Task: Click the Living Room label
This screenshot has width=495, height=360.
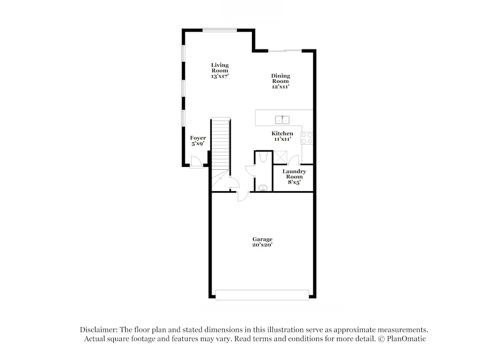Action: [220, 68]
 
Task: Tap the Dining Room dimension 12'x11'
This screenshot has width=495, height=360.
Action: [280, 87]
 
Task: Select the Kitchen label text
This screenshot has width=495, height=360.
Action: [282, 134]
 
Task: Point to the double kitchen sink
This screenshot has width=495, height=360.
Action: [282, 119]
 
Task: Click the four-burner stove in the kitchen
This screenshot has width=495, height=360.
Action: [307, 138]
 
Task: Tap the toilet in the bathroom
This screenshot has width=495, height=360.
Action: [263, 157]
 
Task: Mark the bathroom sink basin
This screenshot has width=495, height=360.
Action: [263, 188]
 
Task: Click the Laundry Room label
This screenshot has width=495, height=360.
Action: [294, 174]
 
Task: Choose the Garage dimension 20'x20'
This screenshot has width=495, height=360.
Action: [262, 245]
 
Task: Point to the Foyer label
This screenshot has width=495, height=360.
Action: [198, 138]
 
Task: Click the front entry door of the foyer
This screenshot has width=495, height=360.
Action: [196, 162]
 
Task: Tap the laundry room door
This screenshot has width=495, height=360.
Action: [294, 159]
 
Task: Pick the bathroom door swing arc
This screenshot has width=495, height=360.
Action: [250, 171]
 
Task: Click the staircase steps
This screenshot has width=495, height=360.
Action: [221, 144]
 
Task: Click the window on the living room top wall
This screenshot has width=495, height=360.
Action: [219, 30]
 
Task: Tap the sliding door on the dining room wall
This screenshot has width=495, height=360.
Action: [285, 51]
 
